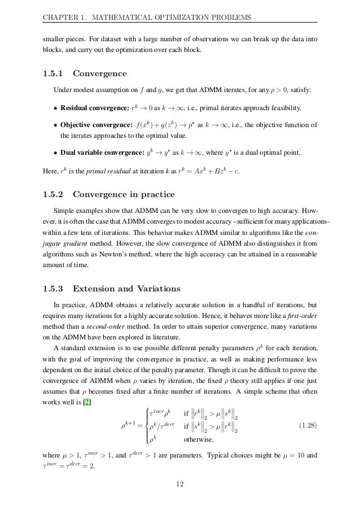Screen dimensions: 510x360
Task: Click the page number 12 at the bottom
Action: pos(180,483)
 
